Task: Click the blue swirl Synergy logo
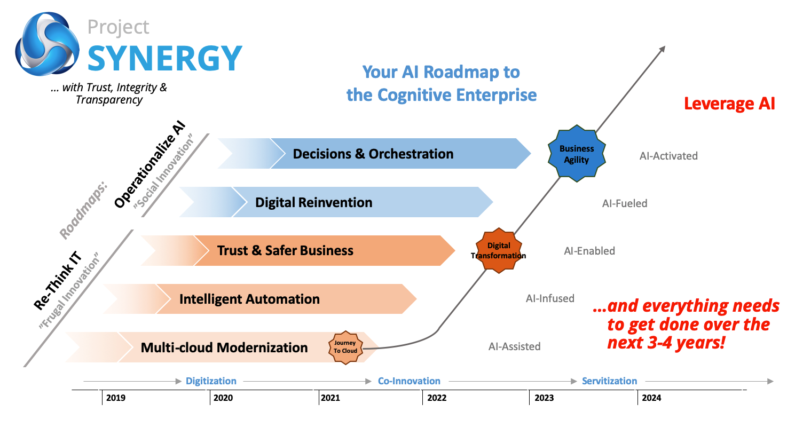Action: pos(47,44)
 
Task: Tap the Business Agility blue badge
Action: pos(577,154)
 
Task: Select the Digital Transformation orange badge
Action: pos(499,250)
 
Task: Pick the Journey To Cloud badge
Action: pos(345,347)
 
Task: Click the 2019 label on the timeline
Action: pos(116,398)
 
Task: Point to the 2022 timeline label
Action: pos(437,398)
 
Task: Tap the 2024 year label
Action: pos(651,398)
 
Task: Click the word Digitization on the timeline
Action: pos(211,381)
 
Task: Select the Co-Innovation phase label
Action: pos(409,381)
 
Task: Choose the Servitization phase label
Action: pos(609,381)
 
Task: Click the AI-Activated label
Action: pos(668,156)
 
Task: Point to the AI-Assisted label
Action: pos(515,346)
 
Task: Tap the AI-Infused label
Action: pos(550,298)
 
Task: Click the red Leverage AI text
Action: pos(729,104)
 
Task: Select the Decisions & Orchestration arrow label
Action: pos(373,154)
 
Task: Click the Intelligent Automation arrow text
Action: pos(249,299)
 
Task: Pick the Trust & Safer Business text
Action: pos(285,250)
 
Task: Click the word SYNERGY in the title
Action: pos(165,58)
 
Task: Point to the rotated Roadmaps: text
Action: pos(83,210)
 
